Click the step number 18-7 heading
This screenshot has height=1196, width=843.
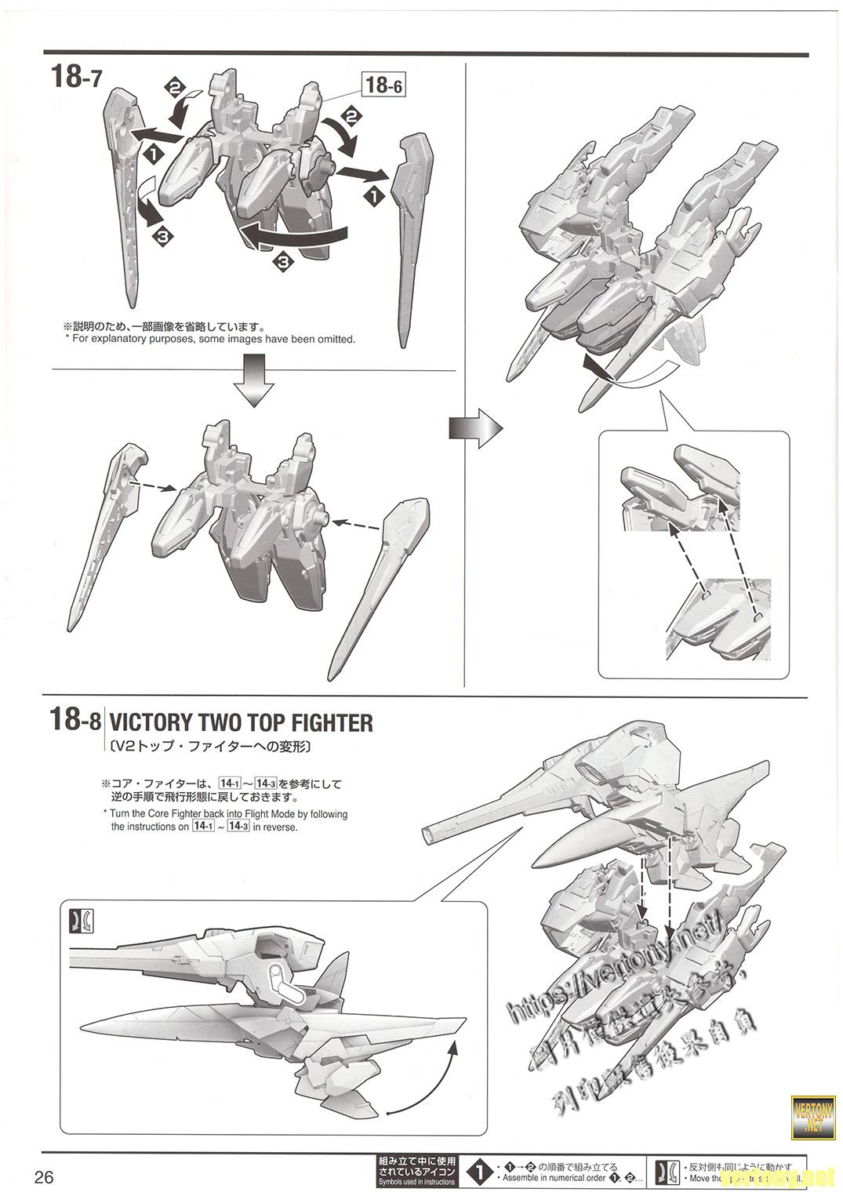click(x=75, y=77)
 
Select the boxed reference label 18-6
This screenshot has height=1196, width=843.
click(x=383, y=84)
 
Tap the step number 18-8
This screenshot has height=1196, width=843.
click(x=75, y=719)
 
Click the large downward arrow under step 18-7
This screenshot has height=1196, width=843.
click(x=256, y=380)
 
